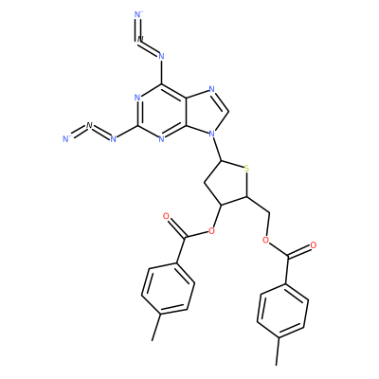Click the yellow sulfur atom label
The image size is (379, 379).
click(x=246, y=169)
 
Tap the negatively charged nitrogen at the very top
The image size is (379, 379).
click(x=138, y=14)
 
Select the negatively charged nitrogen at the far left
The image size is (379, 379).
click(x=66, y=138)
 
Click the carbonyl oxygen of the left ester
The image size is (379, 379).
click(x=166, y=216)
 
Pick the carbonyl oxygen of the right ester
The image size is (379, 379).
click(x=314, y=245)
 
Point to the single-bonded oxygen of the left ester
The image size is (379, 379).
click(x=211, y=232)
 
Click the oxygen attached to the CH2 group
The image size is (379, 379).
click(x=265, y=241)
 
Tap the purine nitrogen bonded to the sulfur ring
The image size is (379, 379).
click(x=212, y=135)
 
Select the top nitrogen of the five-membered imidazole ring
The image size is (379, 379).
click(x=212, y=90)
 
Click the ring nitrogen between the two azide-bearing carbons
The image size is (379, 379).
click(x=137, y=98)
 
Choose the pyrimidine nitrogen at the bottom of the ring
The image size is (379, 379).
click(x=161, y=139)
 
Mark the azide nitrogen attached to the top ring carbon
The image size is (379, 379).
click(x=161, y=56)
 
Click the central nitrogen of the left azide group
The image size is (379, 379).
click(x=89, y=125)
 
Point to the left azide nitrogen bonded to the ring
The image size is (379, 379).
click(x=114, y=138)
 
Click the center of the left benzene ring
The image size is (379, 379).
click(x=168, y=288)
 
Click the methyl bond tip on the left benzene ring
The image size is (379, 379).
click(x=153, y=340)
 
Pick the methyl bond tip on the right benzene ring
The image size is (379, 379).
click(x=277, y=365)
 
